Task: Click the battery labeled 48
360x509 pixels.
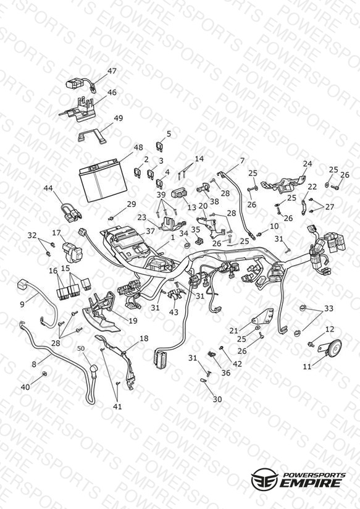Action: (103, 180)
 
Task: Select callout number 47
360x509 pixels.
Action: (112, 71)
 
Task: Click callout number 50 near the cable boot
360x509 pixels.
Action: (81, 348)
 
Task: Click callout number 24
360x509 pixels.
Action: (307, 164)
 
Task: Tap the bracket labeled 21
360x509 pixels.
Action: (262, 317)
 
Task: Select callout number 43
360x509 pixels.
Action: (174, 312)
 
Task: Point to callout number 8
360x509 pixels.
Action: (34, 364)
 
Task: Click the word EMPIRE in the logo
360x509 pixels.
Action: (312, 482)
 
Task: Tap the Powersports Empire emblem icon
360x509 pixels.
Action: (264, 479)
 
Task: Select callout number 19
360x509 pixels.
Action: (133, 321)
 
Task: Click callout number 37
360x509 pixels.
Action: (150, 231)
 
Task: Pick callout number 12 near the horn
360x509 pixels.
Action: (330, 329)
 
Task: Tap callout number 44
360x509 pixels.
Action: (48, 188)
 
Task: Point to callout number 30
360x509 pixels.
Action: (217, 399)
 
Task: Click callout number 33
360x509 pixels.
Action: (329, 308)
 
